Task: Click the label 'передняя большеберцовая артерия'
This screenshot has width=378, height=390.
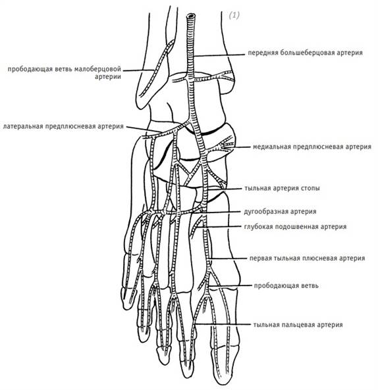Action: click(305, 53)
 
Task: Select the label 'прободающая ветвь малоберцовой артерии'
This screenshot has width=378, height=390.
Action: click(65, 72)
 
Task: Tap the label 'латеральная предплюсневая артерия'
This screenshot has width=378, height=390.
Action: click(63, 126)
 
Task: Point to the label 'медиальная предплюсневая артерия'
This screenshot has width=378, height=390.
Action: click(312, 147)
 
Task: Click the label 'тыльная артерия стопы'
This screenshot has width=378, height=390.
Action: click(282, 188)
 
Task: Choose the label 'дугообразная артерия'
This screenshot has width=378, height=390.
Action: click(280, 212)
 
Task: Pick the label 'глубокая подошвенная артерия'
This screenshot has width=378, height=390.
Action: click(295, 227)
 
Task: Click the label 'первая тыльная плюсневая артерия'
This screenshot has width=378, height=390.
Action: click(308, 258)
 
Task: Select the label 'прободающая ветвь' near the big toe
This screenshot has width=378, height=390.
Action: click(286, 285)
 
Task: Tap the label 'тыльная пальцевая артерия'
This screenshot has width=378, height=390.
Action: click(298, 325)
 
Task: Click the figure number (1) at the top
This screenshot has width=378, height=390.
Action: click(234, 15)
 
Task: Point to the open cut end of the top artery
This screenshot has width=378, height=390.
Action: click(191, 16)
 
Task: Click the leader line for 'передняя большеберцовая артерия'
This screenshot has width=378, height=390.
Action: click(219, 55)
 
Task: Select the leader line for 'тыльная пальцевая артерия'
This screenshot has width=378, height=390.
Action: click(223, 324)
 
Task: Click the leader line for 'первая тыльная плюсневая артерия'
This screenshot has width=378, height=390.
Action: click(229, 258)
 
